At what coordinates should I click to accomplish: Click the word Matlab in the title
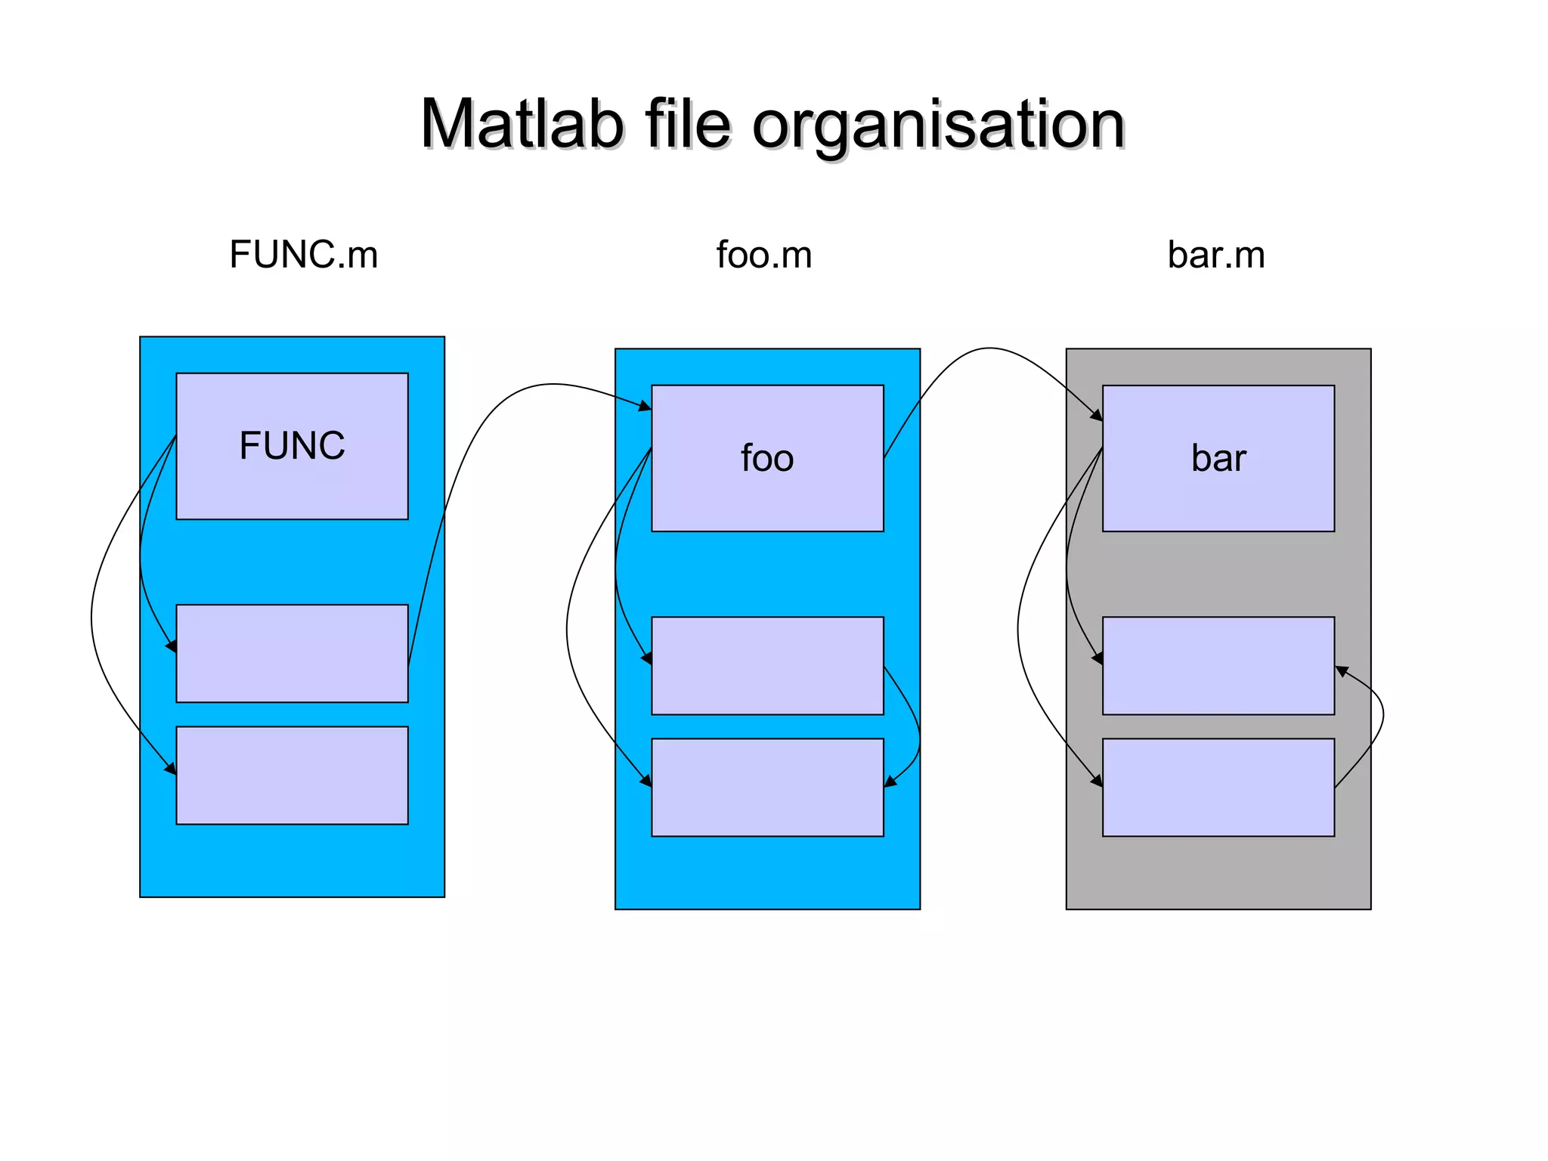click(x=522, y=125)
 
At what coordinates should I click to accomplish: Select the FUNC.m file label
click(x=303, y=254)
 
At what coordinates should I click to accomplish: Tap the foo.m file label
click(x=763, y=255)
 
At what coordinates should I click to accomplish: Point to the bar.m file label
click(x=1215, y=255)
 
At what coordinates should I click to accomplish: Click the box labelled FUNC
click(x=292, y=446)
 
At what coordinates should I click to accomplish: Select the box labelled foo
click(x=767, y=458)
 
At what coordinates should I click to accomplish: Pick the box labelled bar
click(x=1218, y=458)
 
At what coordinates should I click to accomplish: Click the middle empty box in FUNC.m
click(x=292, y=653)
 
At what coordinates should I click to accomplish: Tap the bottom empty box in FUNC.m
click(x=292, y=775)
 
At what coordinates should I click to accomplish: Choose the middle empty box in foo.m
click(x=767, y=665)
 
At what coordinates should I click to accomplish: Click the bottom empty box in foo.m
click(x=767, y=787)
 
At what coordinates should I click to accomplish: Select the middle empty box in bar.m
click(x=1218, y=665)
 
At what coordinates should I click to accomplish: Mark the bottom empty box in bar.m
click(x=1218, y=787)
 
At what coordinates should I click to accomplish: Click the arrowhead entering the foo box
click(x=645, y=407)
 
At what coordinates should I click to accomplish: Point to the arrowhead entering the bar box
click(x=1097, y=415)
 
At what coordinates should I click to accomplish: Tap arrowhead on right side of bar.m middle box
click(x=1342, y=670)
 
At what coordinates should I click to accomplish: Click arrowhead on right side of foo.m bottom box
click(x=890, y=782)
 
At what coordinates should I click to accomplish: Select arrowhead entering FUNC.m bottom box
click(x=171, y=769)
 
